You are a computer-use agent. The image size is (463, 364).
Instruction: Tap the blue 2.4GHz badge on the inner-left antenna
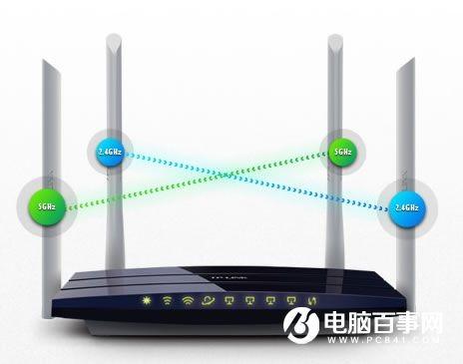pos(110,151)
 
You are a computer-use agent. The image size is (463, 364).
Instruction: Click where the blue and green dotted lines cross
pos(227,178)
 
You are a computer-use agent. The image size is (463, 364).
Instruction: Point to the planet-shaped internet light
pos(208,299)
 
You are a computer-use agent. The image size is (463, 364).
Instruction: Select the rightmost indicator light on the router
pos(310,299)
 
